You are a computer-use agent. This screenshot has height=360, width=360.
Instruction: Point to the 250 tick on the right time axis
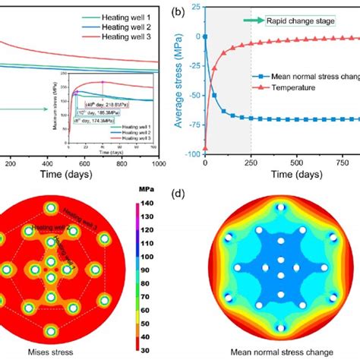[251, 163]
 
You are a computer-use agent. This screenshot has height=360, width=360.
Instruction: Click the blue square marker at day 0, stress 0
[205, 36]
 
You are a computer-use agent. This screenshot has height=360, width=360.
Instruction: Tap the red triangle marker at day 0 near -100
[205, 149]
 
